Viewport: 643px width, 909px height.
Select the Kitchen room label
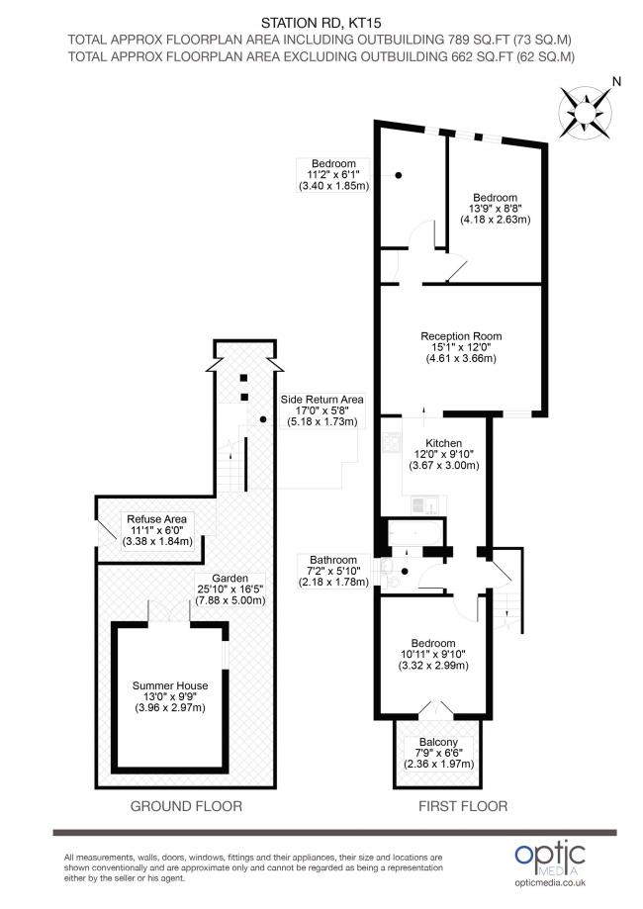pyautogui.click(x=437, y=453)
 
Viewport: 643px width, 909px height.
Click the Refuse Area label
pyautogui.click(x=156, y=529)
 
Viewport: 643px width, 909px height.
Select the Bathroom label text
pyautogui.click(x=332, y=571)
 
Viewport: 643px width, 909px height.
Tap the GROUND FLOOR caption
pyautogui.click(x=186, y=806)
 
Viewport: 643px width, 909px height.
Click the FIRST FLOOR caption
pyautogui.click(x=464, y=806)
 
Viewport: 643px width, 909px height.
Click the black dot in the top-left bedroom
pyautogui.click(x=399, y=176)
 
